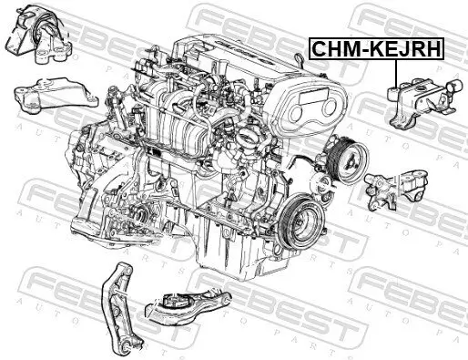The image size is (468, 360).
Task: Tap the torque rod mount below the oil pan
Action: [x=197, y=310]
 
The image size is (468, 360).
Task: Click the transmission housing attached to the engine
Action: [x=109, y=182]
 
